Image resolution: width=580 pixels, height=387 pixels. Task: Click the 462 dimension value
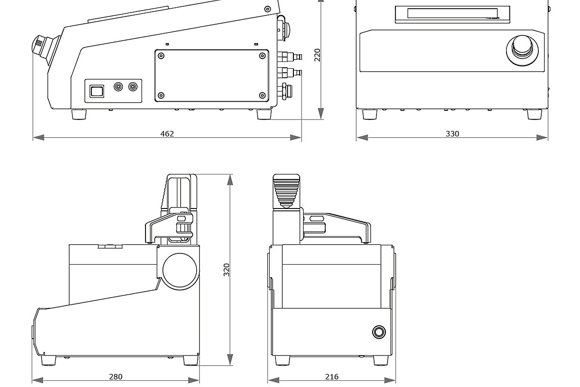pyautogui.click(x=167, y=134)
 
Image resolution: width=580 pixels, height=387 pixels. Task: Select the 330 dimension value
pyautogui.click(x=452, y=134)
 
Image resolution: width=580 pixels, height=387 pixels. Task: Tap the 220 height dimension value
pyautogui.click(x=318, y=55)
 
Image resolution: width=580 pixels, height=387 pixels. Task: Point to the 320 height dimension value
pyautogui.click(x=227, y=270)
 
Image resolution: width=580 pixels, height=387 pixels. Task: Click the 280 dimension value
pyautogui.click(x=116, y=376)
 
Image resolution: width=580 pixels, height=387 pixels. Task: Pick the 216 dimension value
pyautogui.click(x=332, y=376)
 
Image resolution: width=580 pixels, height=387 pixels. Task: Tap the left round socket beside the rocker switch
pyautogui.click(x=118, y=87)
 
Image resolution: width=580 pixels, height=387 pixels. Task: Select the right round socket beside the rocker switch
pyautogui.click(x=133, y=87)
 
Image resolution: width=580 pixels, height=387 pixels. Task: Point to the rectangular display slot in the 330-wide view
pyautogui.click(x=452, y=13)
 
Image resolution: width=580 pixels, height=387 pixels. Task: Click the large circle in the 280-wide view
pyautogui.click(x=180, y=272)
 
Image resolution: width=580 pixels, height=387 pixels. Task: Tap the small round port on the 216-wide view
pyautogui.click(x=379, y=332)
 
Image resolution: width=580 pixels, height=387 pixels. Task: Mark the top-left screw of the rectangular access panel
pyautogui.click(x=161, y=56)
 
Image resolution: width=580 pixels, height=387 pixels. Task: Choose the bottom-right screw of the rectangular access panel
pyautogui.click(x=262, y=95)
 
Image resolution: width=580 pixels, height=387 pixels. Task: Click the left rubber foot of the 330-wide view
pyautogui.click(x=370, y=114)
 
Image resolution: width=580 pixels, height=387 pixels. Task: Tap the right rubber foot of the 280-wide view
pyautogui.click(x=191, y=360)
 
